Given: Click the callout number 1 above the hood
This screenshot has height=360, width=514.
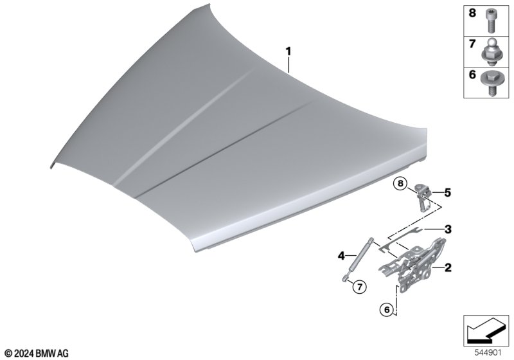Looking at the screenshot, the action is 288,51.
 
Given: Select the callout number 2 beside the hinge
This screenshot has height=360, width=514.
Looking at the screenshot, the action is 448,267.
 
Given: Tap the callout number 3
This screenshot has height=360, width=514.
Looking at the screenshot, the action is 448,230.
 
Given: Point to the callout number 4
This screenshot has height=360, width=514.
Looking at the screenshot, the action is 342,255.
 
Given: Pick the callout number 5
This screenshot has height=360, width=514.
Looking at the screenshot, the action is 447,192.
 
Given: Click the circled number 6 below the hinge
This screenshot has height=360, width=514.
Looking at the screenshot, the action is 387,309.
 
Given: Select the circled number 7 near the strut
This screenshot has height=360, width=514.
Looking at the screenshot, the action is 359,287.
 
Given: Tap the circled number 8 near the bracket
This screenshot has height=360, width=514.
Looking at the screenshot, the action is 400,183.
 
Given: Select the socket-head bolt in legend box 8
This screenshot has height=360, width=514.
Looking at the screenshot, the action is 491,21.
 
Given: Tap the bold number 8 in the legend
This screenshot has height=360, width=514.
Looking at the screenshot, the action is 472,13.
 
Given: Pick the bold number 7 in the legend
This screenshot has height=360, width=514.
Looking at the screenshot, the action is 472,44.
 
